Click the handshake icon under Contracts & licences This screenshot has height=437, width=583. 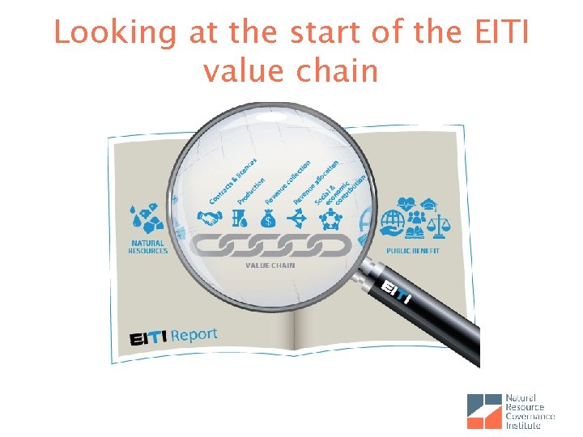(x=211, y=217)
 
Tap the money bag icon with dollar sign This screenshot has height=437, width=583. (x=269, y=217)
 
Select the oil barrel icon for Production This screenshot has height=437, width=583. (x=240, y=217)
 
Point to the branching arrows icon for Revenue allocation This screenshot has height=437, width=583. (x=299, y=216)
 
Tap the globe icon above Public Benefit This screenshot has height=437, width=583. (x=394, y=219)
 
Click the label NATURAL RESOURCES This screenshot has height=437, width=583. (x=147, y=247)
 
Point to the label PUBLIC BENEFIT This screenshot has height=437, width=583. (x=413, y=251)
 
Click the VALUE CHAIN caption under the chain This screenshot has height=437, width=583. (x=270, y=265)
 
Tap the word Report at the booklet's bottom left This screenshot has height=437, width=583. (x=194, y=334)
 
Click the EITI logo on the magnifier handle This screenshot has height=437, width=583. (x=394, y=293)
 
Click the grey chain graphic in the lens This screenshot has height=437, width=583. (x=270, y=244)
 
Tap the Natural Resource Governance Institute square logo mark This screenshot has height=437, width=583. (x=484, y=411)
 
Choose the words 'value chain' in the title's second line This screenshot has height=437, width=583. (x=291, y=70)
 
